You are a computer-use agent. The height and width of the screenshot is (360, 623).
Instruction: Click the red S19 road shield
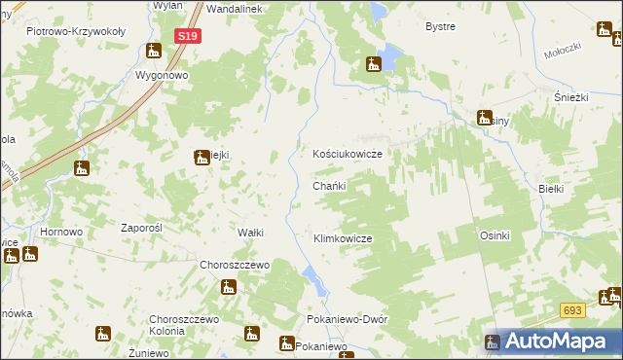(x=189, y=36)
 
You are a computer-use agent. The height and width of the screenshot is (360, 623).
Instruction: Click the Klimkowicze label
(x=343, y=238)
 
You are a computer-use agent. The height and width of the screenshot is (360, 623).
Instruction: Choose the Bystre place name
(x=441, y=26)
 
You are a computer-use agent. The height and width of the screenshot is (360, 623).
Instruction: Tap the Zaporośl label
(x=139, y=228)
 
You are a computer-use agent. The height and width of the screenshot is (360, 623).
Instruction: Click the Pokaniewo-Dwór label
(x=347, y=319)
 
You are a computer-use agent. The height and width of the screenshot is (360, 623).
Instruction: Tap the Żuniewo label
(x=149, y=352)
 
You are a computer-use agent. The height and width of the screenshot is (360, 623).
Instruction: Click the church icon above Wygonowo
(x=154, y=52)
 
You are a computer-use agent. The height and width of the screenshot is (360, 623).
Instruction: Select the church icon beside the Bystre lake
(x=373, y=66)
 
